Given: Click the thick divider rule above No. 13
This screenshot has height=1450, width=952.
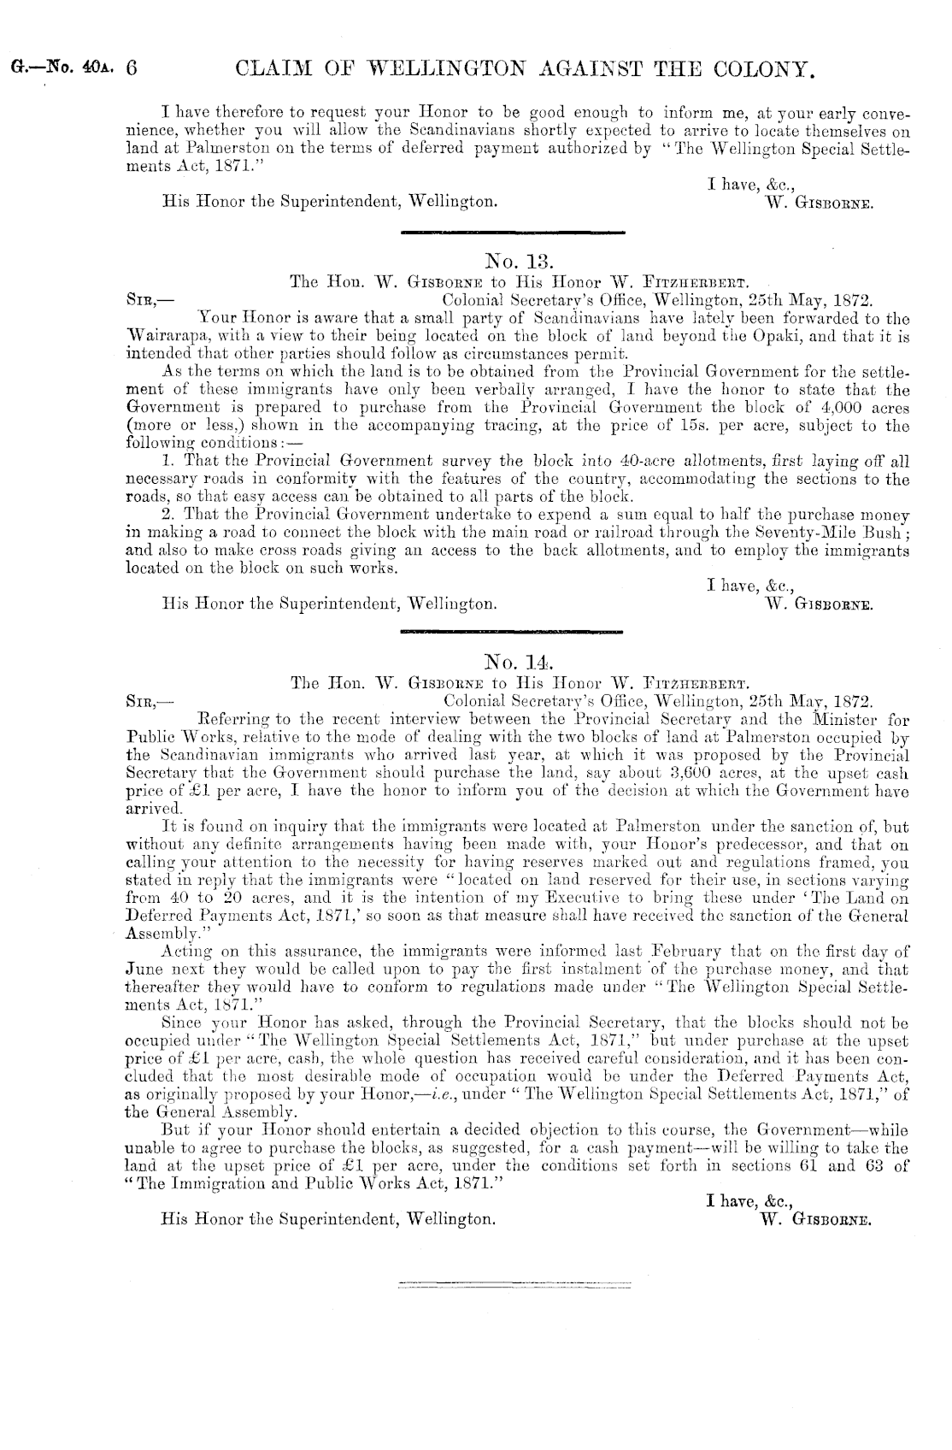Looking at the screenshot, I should (x=512, y=233).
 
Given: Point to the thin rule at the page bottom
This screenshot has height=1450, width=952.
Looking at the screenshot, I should (x=512, y=1283).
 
